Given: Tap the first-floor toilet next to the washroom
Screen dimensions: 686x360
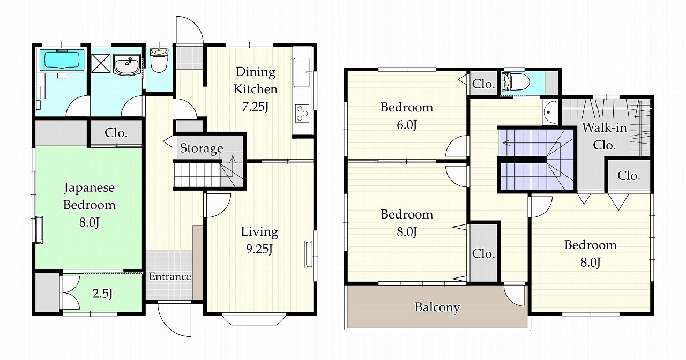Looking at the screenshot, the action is (159, 60).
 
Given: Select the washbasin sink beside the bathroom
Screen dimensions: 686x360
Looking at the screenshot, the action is (126, 65).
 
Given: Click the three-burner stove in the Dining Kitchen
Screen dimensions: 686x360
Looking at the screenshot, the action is (302, 113).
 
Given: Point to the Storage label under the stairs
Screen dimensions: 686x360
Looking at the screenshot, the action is (202, 148).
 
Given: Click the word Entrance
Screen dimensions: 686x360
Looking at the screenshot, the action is (170, 277).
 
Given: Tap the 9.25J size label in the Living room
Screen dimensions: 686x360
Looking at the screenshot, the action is (259, 249).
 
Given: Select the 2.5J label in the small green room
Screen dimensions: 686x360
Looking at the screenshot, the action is (102, 294).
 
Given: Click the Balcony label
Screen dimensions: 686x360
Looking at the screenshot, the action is (437, 307).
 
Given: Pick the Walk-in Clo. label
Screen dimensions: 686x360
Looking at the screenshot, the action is (604, 136).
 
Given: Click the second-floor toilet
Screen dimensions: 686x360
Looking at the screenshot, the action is (516, 82).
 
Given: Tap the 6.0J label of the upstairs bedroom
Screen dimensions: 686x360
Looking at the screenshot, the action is (407, 125).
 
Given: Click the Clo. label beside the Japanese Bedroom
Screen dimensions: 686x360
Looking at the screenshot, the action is (116, 133).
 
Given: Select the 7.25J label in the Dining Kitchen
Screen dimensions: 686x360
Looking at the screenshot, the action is (255, 107).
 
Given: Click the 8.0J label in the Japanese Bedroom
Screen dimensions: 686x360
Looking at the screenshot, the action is (89, 222).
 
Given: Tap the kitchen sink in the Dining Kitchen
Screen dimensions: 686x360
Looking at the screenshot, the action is (302, 72).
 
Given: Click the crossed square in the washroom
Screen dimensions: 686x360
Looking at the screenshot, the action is (101, 63).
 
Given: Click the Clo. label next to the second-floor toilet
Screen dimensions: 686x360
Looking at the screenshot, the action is (483, 84).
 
